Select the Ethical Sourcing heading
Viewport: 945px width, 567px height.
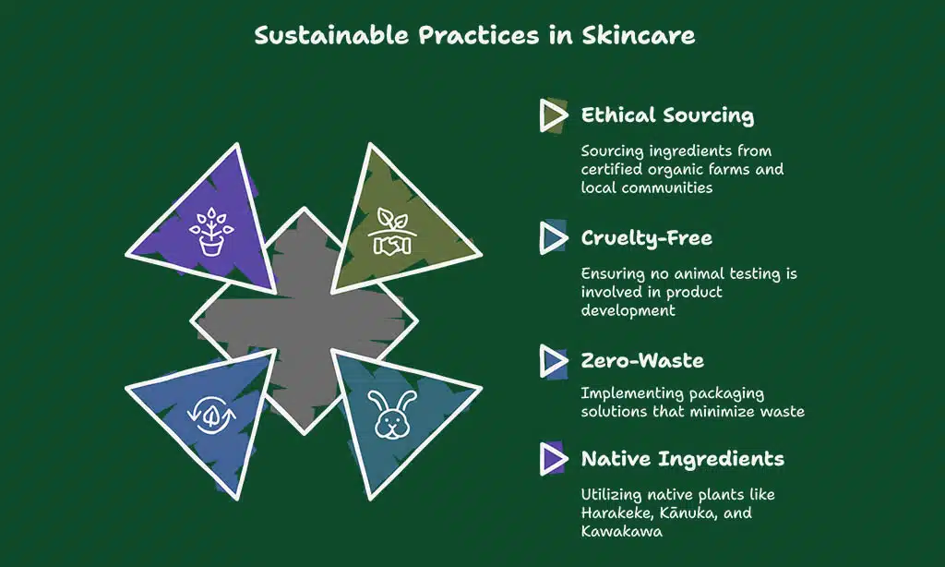(x=667, y=115)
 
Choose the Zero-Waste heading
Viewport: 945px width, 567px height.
(x=641, y=361)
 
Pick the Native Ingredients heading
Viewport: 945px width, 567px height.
(x=682, y=458)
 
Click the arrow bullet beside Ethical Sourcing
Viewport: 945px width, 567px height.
(x=553, y=115)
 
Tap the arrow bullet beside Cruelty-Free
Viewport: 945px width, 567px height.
(x=553, y=238)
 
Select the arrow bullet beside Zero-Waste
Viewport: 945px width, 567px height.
(x=553, y=361)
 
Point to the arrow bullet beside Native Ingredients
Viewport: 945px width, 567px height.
(x=553, y=458)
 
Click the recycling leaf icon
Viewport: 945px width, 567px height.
(x=211, y=413)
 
